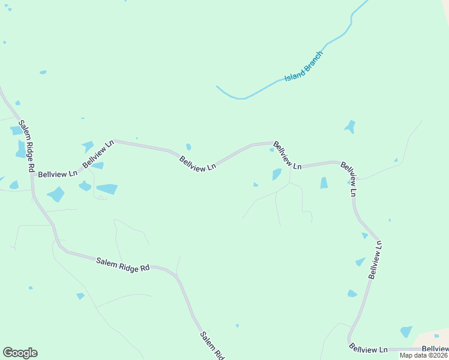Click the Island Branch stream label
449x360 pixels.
point(304,67)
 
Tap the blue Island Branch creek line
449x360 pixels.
point(240,98)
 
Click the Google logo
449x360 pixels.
point(20,353)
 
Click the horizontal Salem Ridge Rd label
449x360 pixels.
point(122,264)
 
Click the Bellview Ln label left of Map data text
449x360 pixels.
point(369,349)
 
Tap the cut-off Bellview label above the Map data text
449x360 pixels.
point(435,349)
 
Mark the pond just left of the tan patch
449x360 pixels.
point(406,332)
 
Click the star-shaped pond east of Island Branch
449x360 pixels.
point(349,127)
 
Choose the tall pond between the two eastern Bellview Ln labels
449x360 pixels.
point(324,182)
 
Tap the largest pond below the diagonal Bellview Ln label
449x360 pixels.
point(107,189)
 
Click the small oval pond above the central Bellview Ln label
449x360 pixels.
point(188,147)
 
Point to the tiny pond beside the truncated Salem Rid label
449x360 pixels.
point(237,326)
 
